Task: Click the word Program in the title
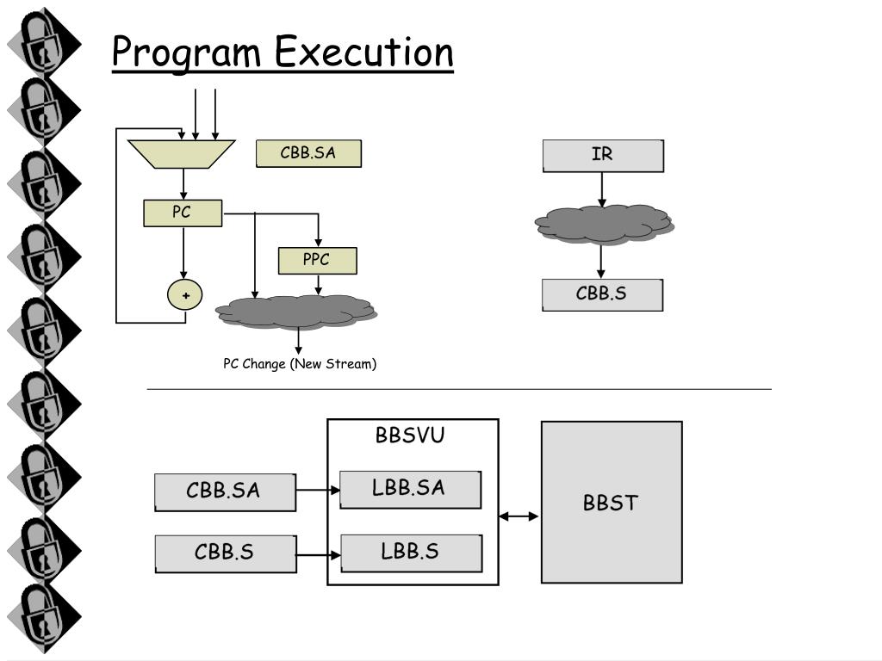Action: pos(186,53)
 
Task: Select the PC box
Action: pos(183,213)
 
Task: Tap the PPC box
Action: pos(317,261)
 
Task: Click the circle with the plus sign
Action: pos(185,294)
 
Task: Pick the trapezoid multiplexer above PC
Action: pos(181,154)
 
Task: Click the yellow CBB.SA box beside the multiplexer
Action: pos(309,153)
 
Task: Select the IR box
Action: pos(603,156)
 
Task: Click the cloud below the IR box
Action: pos(604,225)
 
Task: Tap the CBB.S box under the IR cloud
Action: pos(602,294)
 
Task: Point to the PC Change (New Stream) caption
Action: pos(300,364)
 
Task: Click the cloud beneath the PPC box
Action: pos(296,312)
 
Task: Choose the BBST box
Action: pos(612,502)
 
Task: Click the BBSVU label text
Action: pos(410,435)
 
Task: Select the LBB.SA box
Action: pos(411,490)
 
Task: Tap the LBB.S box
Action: pos(411,553)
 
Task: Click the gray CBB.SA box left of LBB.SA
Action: pos(225,492)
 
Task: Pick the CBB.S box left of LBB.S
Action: pos(226,554)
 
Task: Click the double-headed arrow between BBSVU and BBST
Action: pos(519,516)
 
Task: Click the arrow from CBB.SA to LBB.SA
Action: pos(318,490)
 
